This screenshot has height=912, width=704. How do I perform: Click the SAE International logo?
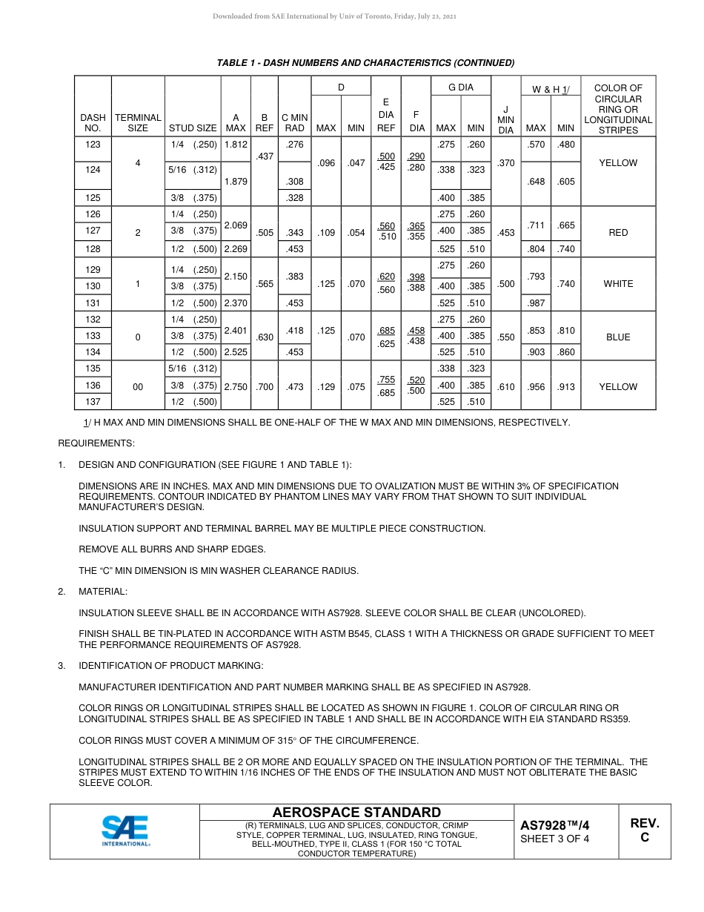[125, 831]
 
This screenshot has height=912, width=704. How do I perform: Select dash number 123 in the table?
[93, 145]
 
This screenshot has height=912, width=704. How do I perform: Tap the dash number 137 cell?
[93, 402]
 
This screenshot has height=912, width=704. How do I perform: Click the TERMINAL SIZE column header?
[138, 122]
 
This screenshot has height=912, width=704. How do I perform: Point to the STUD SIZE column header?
[193, 128]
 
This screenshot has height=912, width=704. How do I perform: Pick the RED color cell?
[618, 232]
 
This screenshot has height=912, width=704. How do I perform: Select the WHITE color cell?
[618, 284]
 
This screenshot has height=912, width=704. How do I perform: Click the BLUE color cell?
[618, 337]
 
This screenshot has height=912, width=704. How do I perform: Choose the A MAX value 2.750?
[236, 386]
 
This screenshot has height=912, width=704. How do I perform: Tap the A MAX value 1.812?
[236, 145]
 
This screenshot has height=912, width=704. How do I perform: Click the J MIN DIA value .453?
[505, 232]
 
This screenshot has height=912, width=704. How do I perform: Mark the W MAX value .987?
[536, 303]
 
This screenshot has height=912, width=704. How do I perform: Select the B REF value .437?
[265, 156]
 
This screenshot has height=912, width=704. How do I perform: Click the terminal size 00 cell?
[138, 386]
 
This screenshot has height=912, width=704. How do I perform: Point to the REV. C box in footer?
[644, 831]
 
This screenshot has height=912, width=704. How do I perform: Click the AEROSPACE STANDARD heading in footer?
[356, 813]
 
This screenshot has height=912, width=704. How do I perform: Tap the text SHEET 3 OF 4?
[555, 839]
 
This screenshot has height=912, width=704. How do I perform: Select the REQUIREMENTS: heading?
[96, 443]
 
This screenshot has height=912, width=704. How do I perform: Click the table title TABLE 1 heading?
[365, 62]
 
